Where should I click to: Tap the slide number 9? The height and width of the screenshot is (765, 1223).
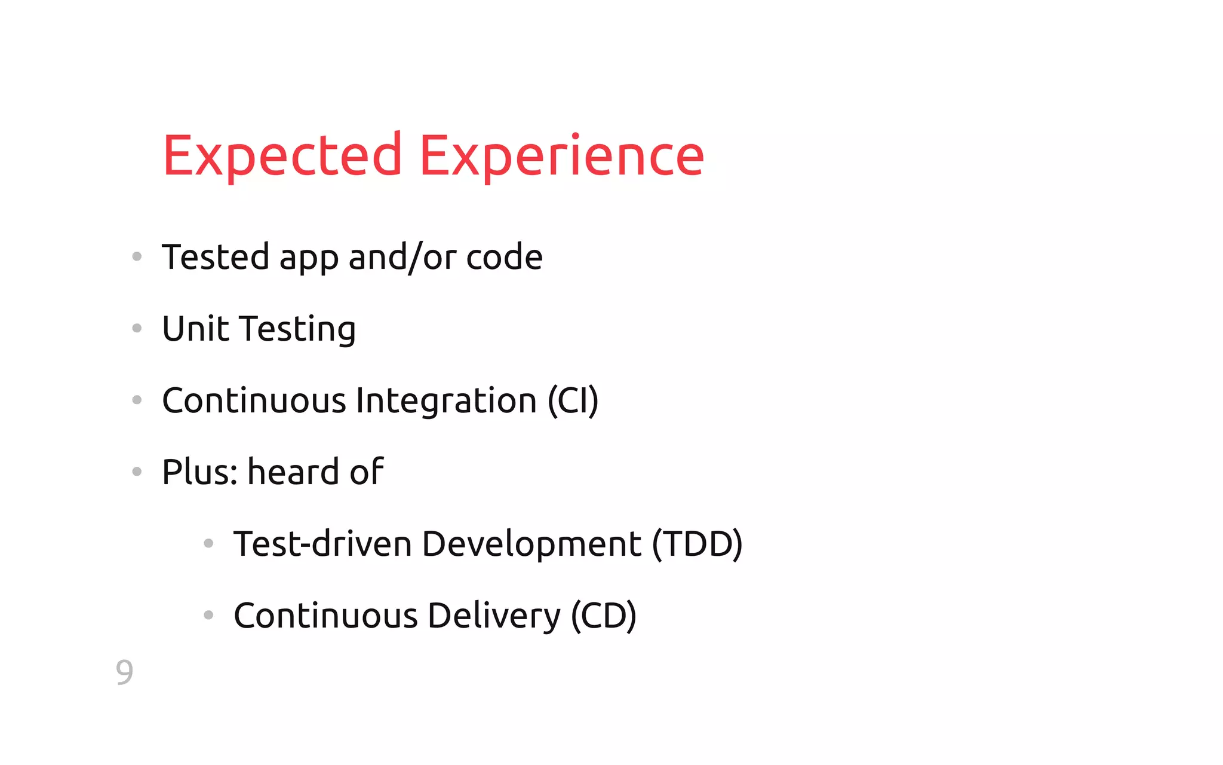[124, 672]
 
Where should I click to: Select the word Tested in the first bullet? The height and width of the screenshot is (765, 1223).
[216, 257]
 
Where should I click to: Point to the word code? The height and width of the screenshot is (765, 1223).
[504, 257]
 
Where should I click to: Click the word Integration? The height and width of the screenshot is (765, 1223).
[446, 400]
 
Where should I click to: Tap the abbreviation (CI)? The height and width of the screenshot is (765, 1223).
[573, 400]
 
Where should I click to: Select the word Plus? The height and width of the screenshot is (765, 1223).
[200, 472]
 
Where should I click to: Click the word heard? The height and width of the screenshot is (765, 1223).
[293, 472]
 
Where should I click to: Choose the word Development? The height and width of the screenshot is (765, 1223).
[531, 544]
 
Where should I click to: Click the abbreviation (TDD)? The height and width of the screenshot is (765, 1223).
[697, 544]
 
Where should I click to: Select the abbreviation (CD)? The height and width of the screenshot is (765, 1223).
[604, 616]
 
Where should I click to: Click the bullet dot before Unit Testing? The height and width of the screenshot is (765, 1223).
[137, 328]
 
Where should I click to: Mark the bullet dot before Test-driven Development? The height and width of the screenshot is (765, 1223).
[208, 543]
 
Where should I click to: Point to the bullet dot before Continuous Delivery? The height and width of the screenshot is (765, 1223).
[208, 615]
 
